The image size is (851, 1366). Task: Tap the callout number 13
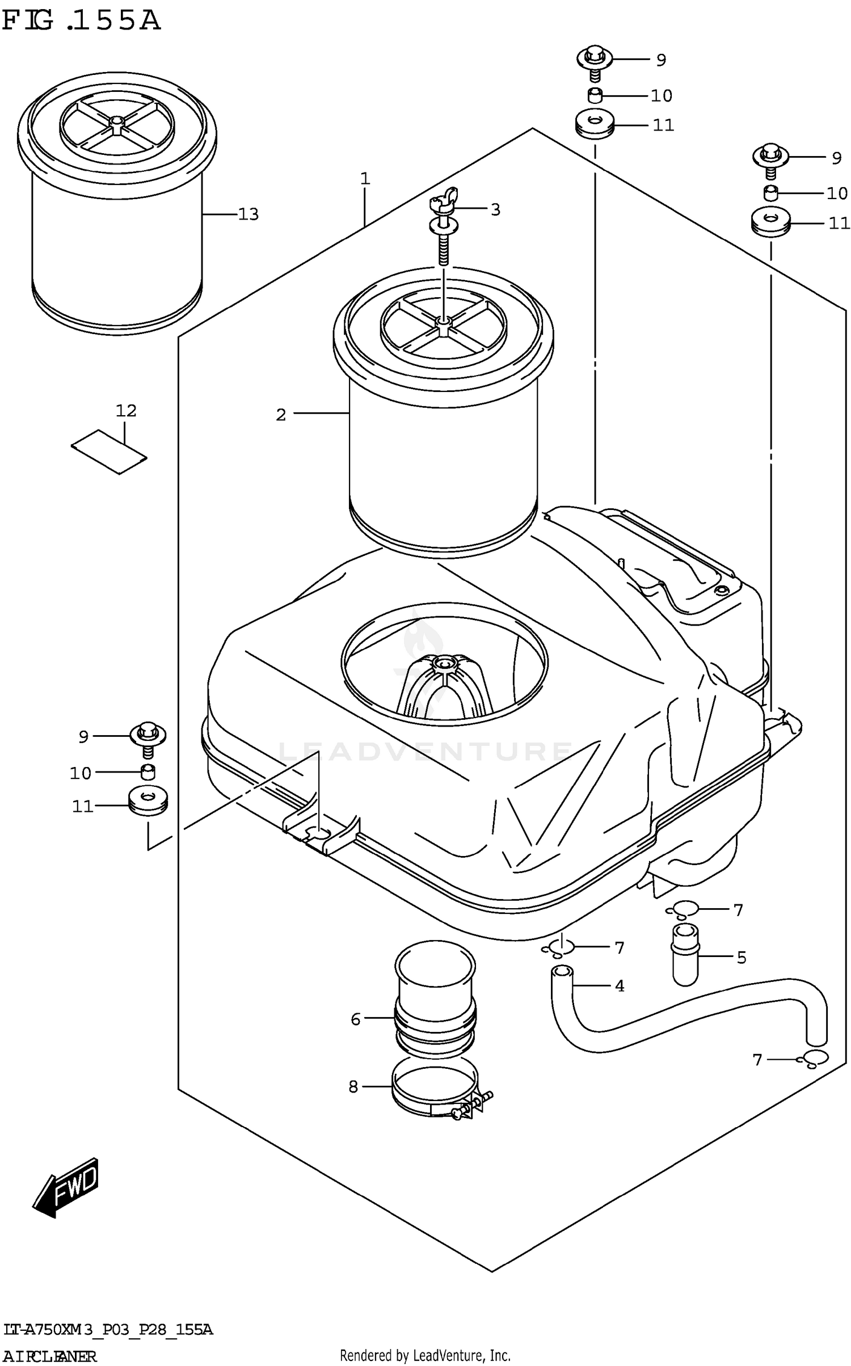248,214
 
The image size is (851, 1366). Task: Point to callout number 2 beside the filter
281,415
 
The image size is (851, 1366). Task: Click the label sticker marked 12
109,452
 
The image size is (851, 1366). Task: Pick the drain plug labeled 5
685,954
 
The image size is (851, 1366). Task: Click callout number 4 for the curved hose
620,986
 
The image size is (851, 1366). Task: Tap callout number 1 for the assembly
365,179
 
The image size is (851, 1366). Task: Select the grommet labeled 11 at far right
770,224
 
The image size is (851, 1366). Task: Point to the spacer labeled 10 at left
148,772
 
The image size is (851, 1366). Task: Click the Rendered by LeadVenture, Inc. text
425,1355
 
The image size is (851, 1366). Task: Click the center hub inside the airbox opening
444,663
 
